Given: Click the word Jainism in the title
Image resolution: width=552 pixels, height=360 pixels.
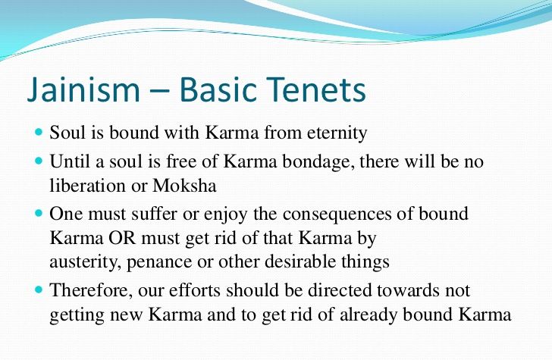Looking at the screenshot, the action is click(x=83, y=89).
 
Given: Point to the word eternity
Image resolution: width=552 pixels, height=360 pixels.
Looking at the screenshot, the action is click(x=337, y=133).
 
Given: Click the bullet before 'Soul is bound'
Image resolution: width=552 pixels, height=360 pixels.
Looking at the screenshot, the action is click(x=39, y=133).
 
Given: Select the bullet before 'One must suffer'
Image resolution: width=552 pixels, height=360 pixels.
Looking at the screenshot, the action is click(x=39, y=213).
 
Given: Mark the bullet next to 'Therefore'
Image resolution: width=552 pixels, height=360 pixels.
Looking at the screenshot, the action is click(x=39, y=290).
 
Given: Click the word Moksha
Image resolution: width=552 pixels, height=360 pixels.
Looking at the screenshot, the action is click(x=184, y=186).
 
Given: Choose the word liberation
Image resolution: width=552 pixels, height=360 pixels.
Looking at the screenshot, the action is click(x=88, y=186).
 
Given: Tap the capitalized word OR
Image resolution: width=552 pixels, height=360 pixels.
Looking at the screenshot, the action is click(x=122, y=238).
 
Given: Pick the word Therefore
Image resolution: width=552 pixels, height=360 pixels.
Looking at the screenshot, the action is click(x=91, y=290).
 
